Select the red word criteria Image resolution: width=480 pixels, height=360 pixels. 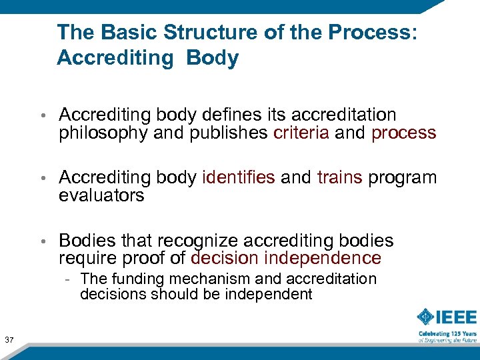pyautogui.click(x=301, y=133)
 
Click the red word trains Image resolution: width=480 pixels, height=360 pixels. pyautogui.click(x=340, y=177)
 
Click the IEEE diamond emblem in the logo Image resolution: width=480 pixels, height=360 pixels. pyautogui.click(x=427, y=317)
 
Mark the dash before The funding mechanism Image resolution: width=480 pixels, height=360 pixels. pyautogui.click(x=68, y=279)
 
